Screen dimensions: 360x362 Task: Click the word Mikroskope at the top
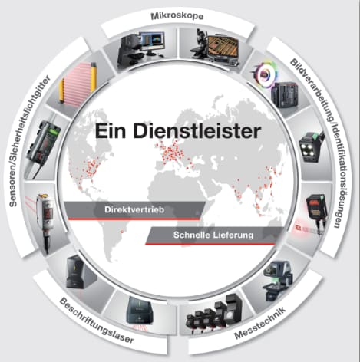point(177,16)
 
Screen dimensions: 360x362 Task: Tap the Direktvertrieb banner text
point(134,210)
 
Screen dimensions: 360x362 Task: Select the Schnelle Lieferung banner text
point(213,235)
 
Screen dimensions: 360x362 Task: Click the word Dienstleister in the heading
point(197,131)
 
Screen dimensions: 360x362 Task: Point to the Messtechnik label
point(260,324)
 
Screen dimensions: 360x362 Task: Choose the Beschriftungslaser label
point(97,321)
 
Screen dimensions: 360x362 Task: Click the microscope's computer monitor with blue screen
point(152,42)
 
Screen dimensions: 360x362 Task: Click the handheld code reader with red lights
point(316,209)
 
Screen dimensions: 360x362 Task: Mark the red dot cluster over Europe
point(172,153)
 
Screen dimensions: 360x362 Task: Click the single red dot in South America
point(122,232)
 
